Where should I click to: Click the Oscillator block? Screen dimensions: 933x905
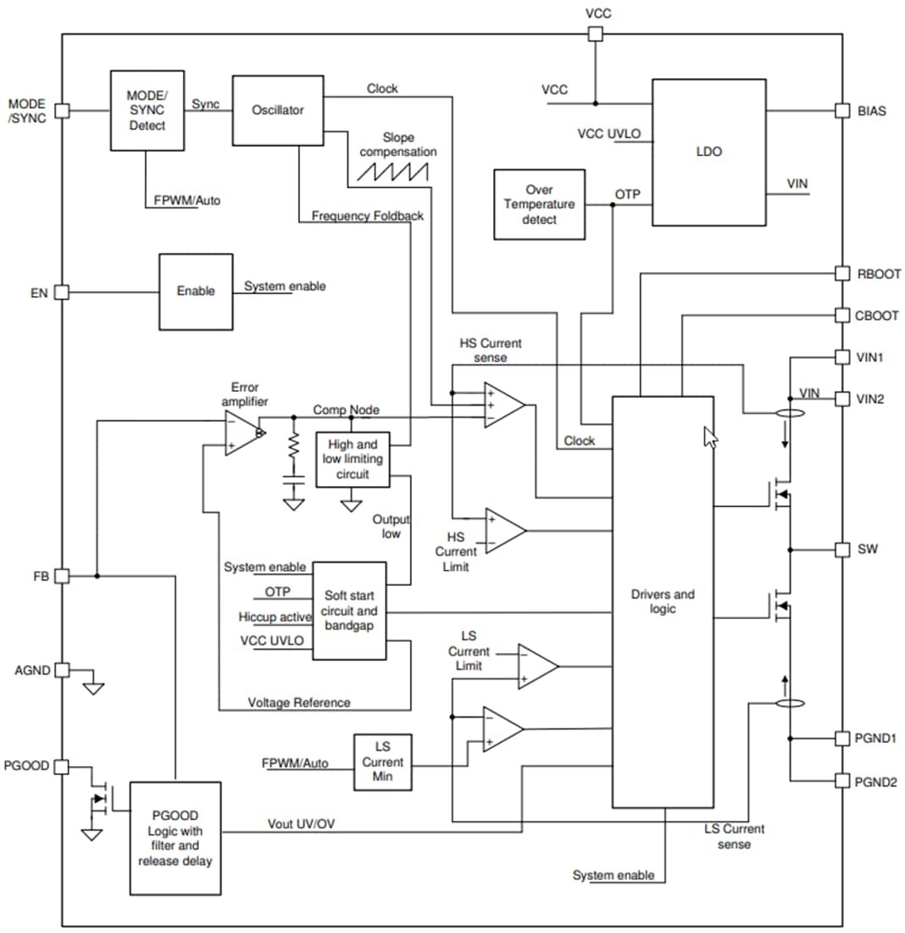pos(278,110)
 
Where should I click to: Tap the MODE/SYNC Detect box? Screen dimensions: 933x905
pos(147,111)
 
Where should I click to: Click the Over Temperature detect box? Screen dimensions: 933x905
pos(539,204)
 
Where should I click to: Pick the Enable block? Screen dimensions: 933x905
pos(196,291)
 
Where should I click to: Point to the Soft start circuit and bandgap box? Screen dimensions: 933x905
pos(349,611)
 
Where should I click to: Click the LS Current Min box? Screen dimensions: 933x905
pos(382,763)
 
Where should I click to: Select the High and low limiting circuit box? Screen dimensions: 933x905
pos(353,459)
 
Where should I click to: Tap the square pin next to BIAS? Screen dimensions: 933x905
pos(841,110)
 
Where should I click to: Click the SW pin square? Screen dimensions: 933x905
pos(841,550)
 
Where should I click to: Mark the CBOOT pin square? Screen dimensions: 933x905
pos(841,316)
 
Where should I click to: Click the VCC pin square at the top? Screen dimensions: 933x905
pos(596,34)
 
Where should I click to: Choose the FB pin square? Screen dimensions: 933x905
pos(62,576)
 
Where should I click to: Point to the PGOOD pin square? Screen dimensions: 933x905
pos(62,767)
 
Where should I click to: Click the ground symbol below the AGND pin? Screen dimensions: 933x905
pos(93,686)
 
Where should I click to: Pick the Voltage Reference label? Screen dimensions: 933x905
pos(298,702)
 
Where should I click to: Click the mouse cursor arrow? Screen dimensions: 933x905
pos(710,438)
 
